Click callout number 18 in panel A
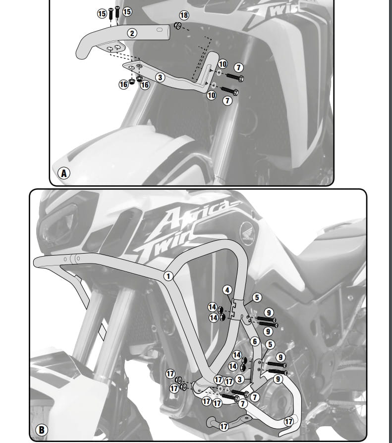coord(184,15)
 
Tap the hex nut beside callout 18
coord(177,26)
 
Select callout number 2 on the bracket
coord(132,33)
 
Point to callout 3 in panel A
coord(160,77)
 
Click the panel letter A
coord(64,173)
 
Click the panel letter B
coord(42,430)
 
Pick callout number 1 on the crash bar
coord(168,276)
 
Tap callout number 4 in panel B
coord(227,290)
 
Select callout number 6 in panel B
coord(255,342)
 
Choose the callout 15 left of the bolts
coord(102,13)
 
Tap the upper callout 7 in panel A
coord(239,68)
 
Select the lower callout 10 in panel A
coord(212,95)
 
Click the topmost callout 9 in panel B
coord(269,313)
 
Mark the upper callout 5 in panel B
coord(257,298)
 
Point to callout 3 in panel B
coord(240,379)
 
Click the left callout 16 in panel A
coord(123,84)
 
